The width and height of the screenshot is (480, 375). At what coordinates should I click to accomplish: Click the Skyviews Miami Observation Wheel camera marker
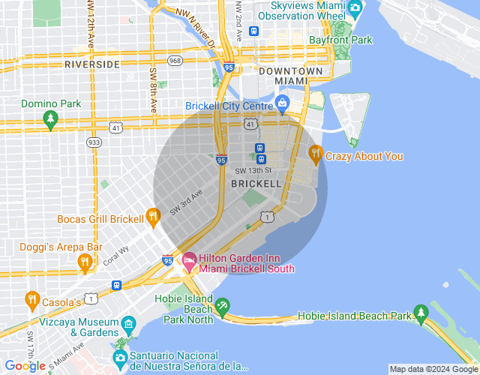(355, 8)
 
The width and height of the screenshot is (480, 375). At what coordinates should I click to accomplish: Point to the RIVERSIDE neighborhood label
(92, 64)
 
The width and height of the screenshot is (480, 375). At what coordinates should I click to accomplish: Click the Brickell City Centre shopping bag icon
(283, 102)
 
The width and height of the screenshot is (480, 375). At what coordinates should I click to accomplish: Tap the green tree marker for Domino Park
(50, 118)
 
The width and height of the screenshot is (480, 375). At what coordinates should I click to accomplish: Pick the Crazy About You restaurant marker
(316, 155)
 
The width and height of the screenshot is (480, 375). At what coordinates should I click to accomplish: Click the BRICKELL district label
(256, 183)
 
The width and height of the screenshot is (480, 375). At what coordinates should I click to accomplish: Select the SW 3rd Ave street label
(186, 203)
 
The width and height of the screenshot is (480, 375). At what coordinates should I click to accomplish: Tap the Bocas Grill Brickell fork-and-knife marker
(154, 218)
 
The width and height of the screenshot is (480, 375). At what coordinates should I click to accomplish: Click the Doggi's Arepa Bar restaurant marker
(85, 262)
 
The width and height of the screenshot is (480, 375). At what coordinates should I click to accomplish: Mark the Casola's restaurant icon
(31, 300)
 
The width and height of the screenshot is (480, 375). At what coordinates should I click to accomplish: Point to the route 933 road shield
(94, 142)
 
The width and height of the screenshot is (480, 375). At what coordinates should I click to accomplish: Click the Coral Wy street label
(116, 254)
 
